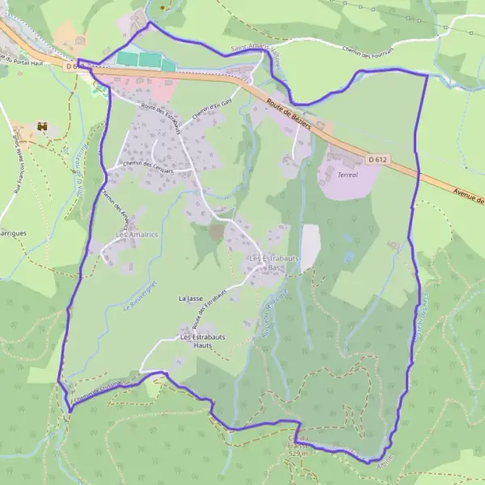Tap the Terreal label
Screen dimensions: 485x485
click(x=348, y=175)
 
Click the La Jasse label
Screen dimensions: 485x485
click(x=191, y=298)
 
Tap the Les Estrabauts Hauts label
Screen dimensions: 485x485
click(x=202, y=341)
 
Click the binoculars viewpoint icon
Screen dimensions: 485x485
click(x=42, y=128)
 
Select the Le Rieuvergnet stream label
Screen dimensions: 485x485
click(x=138, y=297)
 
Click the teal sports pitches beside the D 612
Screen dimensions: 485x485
click(x=139, y=59)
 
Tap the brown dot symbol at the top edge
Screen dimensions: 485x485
click(x=162, y=7)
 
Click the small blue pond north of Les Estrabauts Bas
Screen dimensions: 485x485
click(x=349, y=258)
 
